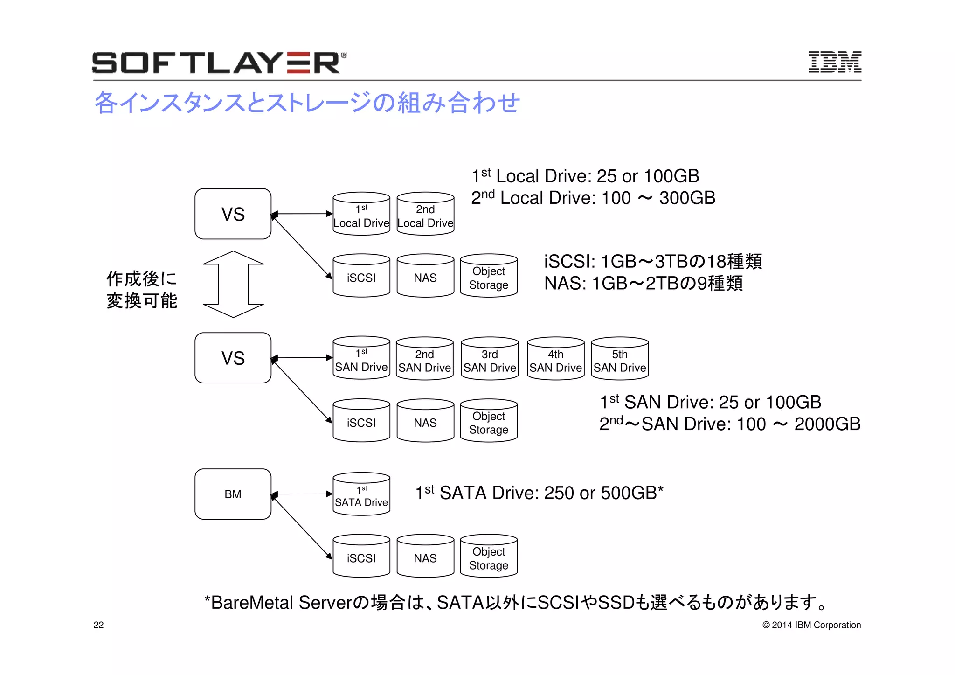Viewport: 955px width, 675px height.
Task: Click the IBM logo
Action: (x=834, y=62)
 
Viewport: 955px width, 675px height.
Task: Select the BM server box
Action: (x=233, y=494)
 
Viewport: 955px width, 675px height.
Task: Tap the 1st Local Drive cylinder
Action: (x=361, y=214)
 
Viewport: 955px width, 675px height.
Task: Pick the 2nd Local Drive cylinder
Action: (x=425, y=214)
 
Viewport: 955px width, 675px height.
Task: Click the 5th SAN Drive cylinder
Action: (x=620, y=359)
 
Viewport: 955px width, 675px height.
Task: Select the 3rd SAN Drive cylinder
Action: (x=490, y=359)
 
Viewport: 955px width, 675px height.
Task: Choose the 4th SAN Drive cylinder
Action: (x=555, y=359)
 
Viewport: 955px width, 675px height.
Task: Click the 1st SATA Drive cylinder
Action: (x=361, y=494)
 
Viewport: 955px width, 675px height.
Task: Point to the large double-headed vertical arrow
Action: (x=233, y=284)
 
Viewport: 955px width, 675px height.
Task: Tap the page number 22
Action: (x=98, y=625)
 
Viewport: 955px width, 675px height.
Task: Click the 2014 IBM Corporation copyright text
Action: (x=811, y=625)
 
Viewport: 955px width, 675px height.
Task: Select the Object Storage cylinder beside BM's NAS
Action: (x=489, y=557)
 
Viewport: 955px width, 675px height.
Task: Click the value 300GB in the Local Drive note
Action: (x=687, y=198)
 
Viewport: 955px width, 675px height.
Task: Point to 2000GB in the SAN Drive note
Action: (x=827, y=424)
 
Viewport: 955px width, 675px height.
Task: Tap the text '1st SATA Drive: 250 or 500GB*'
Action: (x=539, y=493)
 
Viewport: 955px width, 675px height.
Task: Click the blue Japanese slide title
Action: (x=307, y=103)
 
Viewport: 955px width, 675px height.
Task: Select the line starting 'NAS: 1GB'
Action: (x=643, y=283)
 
